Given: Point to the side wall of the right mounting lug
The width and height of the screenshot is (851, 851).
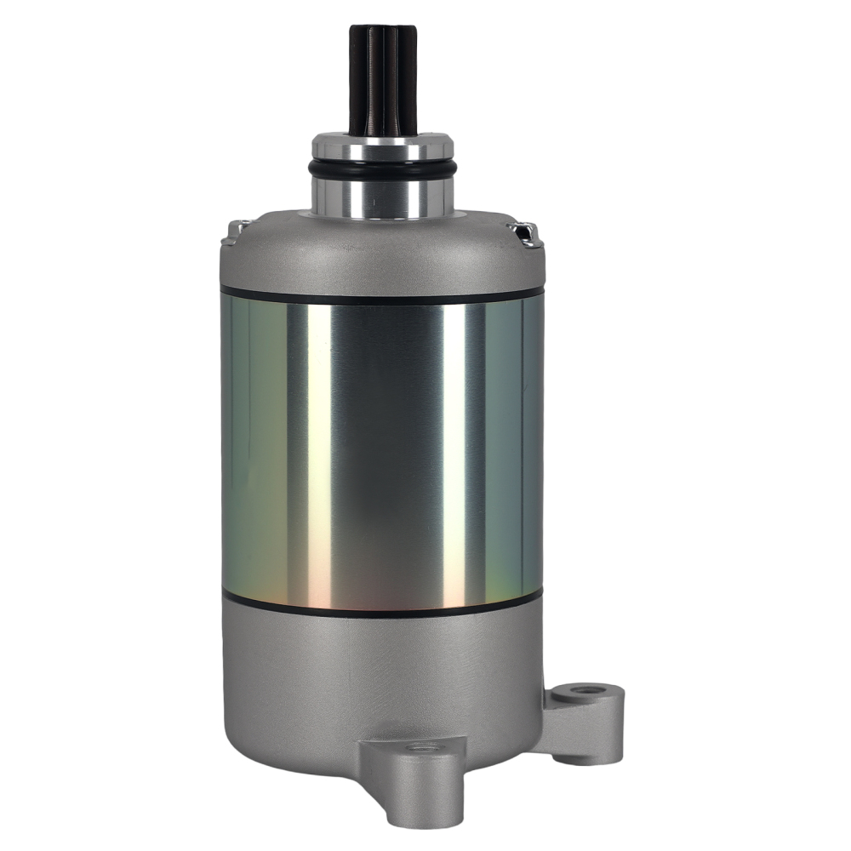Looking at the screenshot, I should (596, 723).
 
